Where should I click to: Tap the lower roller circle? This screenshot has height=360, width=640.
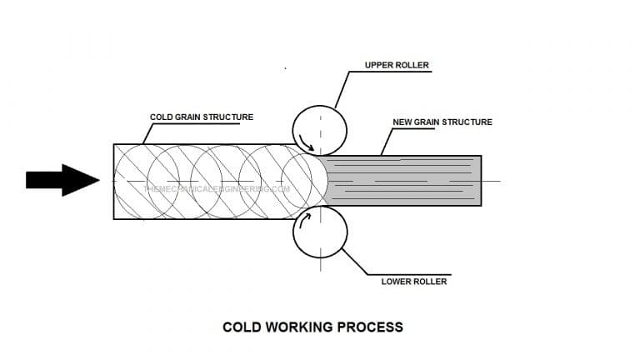[x=319, y=232]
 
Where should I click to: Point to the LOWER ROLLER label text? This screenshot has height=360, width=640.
[x=414, y=282]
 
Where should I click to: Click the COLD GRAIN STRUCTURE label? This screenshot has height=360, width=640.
[x=201, y=117]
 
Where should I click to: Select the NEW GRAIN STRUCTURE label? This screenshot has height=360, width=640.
[x=442, y=122]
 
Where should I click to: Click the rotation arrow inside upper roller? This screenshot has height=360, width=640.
[x=307, y=143]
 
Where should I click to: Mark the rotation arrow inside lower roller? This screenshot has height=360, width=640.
[x=305, y=219]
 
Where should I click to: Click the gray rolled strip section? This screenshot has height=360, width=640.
[x=400, y=181]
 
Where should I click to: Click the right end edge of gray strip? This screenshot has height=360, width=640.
[x=481, y=181]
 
